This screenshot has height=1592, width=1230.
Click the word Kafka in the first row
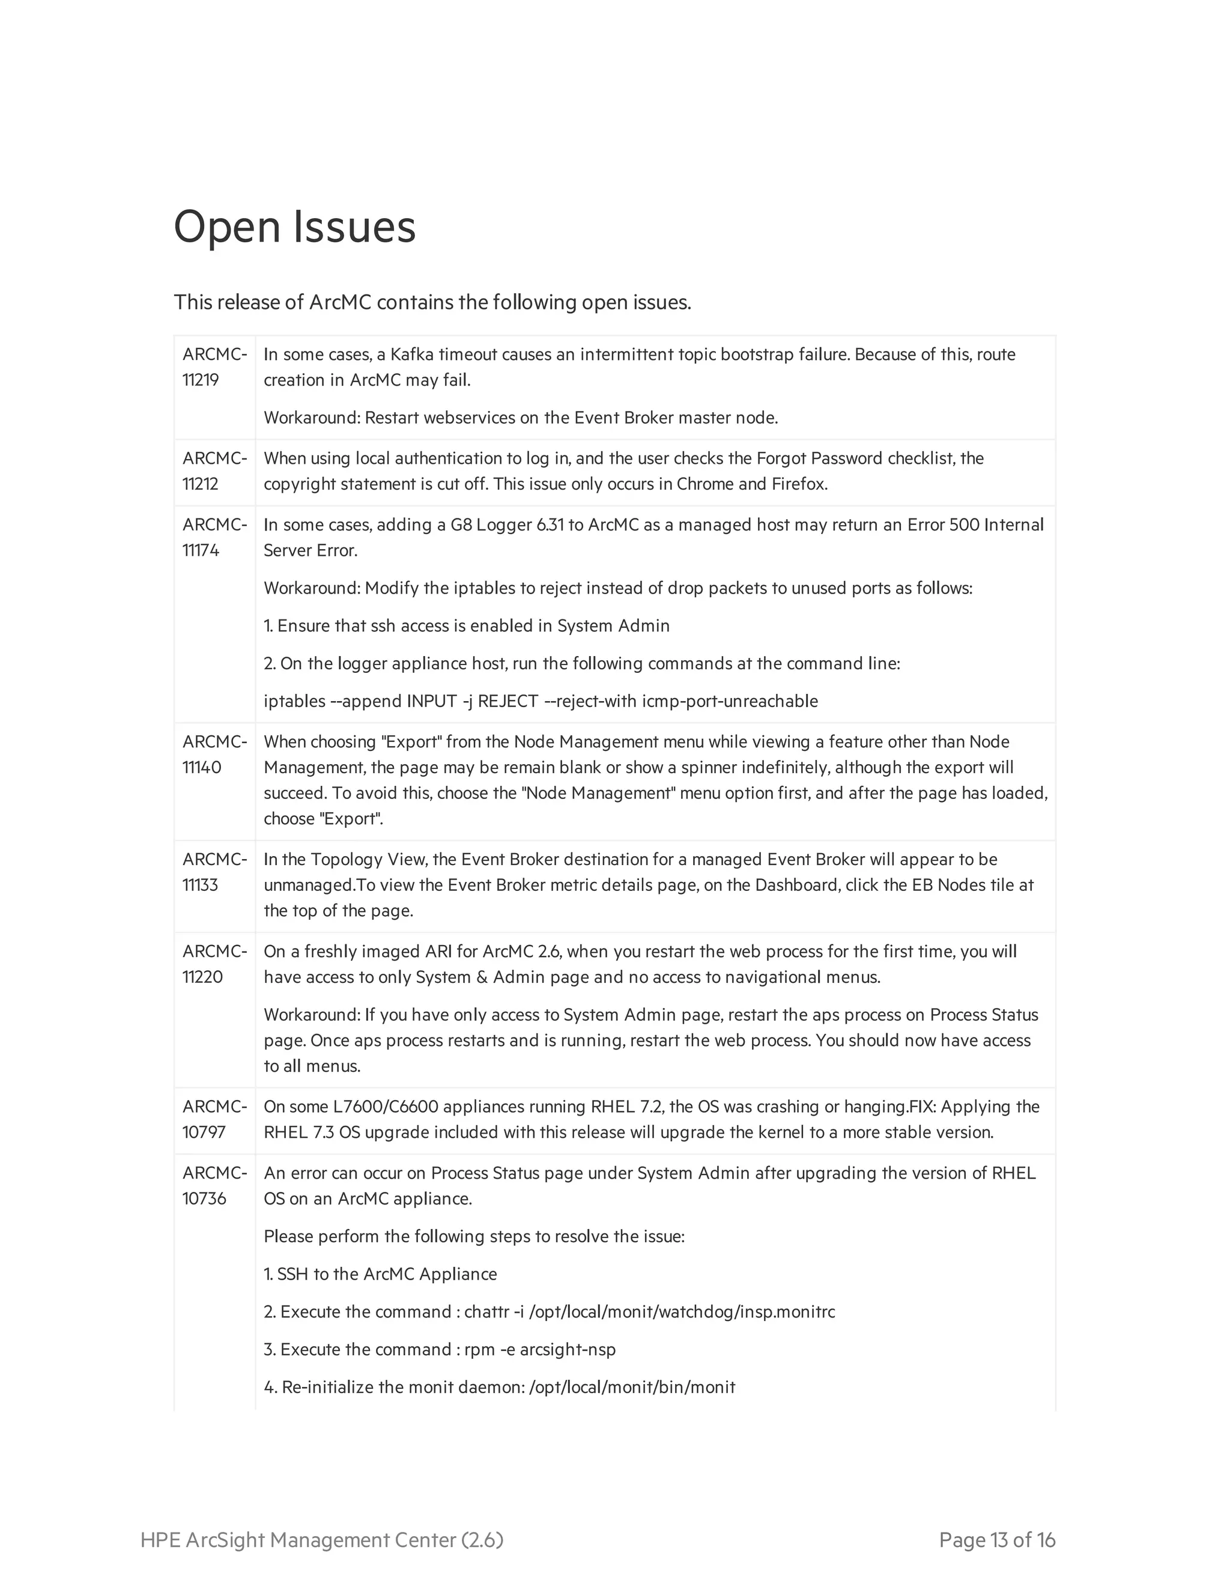[411, 354]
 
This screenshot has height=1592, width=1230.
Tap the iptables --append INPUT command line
[540, 701]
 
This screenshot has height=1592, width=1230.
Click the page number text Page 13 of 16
[996, 1540]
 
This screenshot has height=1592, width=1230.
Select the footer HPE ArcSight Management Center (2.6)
[321, 1540]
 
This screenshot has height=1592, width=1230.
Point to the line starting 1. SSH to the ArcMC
[380, 1274]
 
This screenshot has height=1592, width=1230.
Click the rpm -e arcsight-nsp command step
[440, 1349]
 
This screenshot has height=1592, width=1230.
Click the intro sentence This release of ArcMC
[431, 302]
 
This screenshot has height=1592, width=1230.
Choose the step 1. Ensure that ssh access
[465, 625]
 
